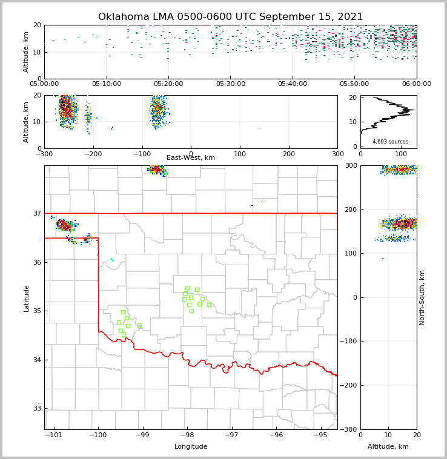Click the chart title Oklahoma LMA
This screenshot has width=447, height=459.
click(x=230, y=17)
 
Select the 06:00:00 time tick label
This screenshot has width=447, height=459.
click(x=417, y=84)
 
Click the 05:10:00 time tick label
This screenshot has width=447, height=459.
click(x=107, y=84)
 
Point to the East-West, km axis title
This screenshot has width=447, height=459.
click(x=191, y=158)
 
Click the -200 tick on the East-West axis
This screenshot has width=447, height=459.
click(x=93, y=154)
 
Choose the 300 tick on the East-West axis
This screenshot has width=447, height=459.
click(x=337, y=154)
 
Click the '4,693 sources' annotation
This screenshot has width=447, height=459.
click(x=390, y=142)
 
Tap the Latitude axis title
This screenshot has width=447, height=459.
click(x=26, y=298)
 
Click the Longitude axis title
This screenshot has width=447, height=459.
click(x=191, y=447)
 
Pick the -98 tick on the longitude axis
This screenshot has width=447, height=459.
click(x=187, y=435)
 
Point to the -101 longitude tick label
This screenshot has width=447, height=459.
click(x=54, y=435)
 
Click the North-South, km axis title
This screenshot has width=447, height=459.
click(x=422, y=297)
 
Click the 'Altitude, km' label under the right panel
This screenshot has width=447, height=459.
click(x=388, y=447)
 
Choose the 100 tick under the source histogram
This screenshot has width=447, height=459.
click(x=400, y=154)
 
